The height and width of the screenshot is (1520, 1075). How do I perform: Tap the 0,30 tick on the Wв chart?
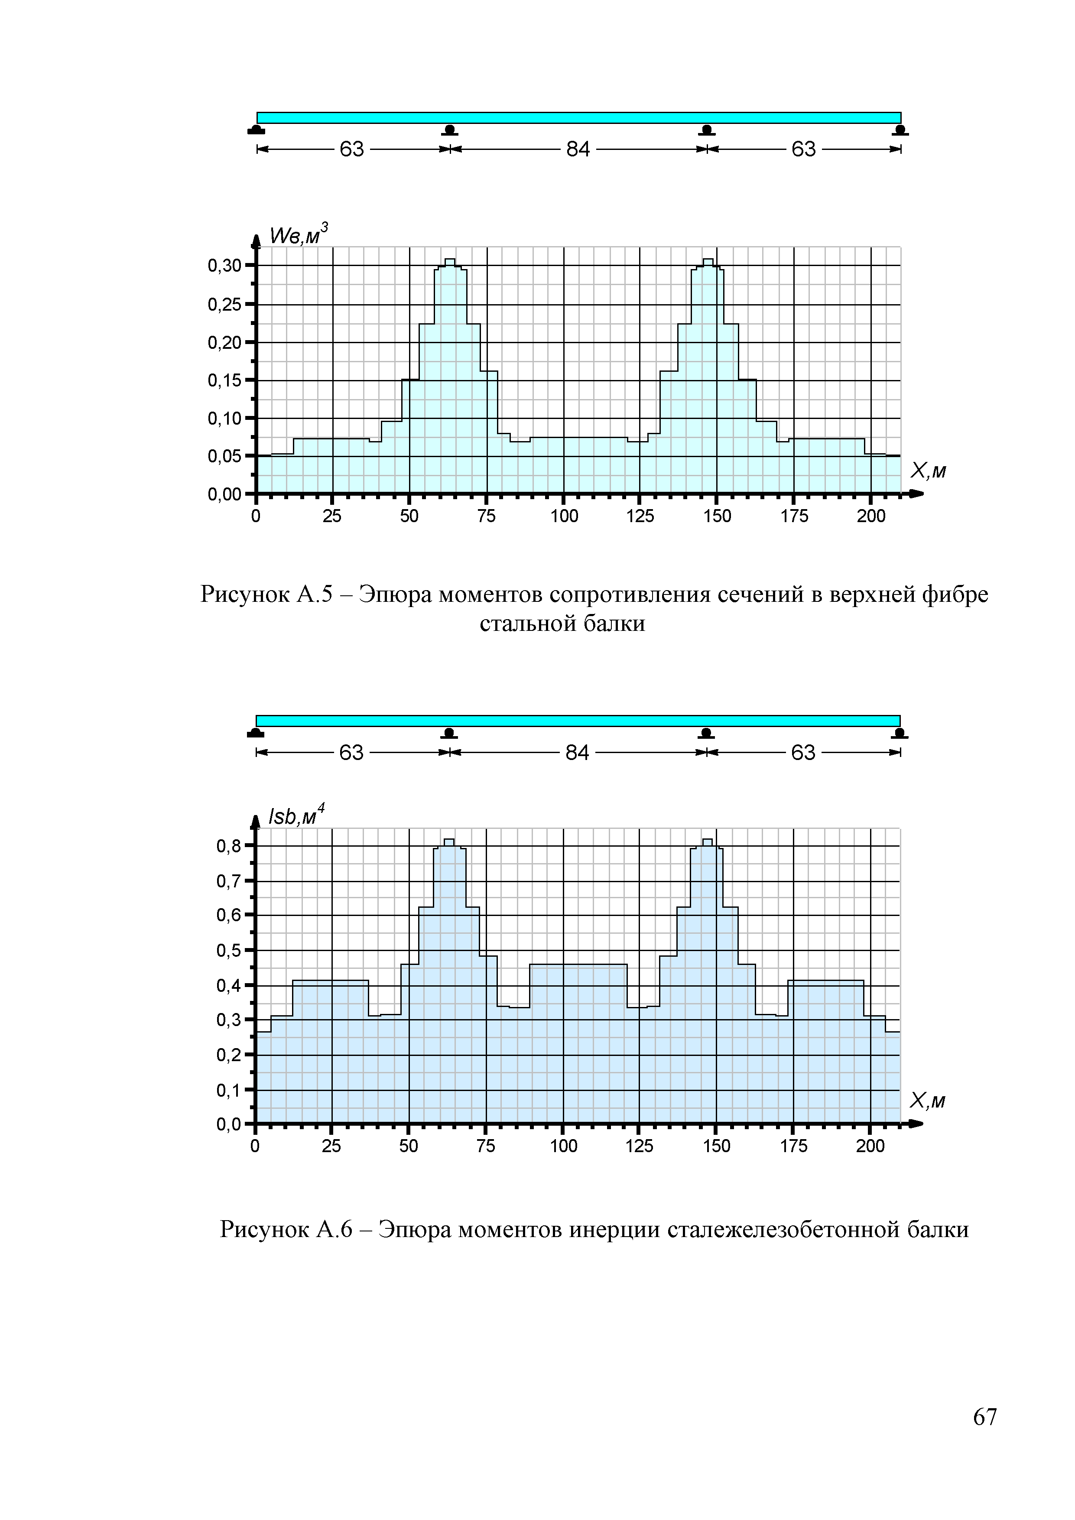coord(224,266)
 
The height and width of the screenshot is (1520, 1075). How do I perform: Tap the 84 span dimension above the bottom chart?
coord(577,753)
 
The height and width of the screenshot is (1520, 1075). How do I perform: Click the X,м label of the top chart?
coord(928,471)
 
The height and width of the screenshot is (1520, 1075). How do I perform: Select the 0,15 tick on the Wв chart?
coord(224,381)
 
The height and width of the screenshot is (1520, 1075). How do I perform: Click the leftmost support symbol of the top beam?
coord(256,130)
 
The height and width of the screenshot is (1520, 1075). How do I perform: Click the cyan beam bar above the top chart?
coord(578,118)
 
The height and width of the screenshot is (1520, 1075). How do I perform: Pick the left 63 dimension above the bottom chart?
coord(351,753)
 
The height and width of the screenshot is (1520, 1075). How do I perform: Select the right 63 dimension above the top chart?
coord(804,149)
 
